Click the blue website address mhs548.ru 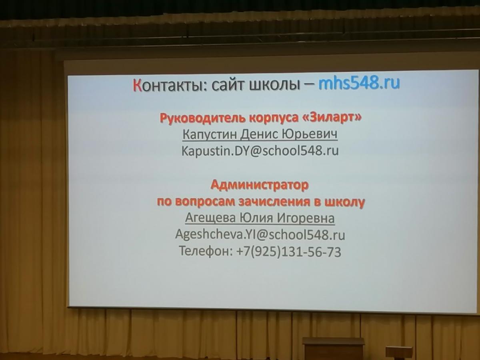coord(359,84)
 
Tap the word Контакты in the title coord(170,85)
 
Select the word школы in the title coord(275,84)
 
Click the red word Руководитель coord(203,118)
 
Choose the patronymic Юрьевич coord(310,134)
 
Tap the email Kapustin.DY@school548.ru coord(260,151)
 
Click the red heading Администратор coord(260,185)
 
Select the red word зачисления coord(274,202)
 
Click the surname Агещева coord(210,218)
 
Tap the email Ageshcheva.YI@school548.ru coord(260,235)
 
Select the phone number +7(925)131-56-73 coord(289,252)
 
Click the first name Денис coord(259,134)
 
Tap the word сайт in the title coord(228,85)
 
